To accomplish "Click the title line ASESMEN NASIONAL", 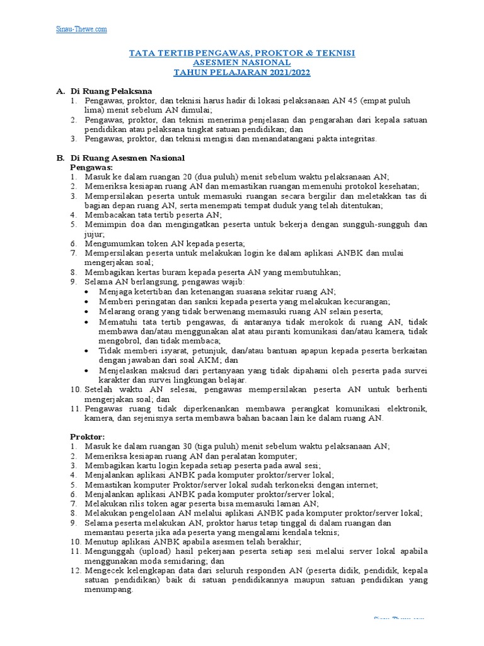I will (x=242, y=63).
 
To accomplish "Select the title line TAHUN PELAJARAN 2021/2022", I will (x=242, y=73).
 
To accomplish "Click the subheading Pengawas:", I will (x=91, y=167).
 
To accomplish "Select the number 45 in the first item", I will (x=363, y=101).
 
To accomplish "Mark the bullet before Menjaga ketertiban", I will (x=86, y=291).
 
